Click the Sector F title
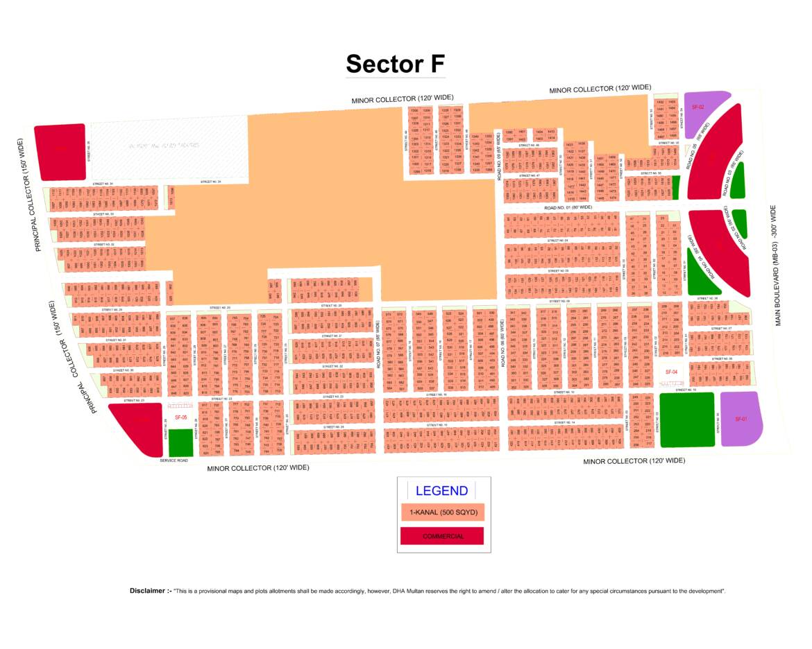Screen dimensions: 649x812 (395, 64)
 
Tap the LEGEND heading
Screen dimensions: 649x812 (441, 491)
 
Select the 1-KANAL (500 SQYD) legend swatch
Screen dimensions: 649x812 (442, 512)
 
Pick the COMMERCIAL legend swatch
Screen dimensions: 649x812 (442, 536)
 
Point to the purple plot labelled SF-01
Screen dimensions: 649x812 (741, 419)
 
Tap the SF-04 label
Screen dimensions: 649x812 (670, 372)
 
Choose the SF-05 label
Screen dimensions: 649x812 (180, 417)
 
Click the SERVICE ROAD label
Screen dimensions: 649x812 (174, 460)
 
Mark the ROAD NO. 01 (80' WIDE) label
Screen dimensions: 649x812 (568, 207)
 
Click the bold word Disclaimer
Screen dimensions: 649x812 (150, 591)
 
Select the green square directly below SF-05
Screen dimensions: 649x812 (181, 442)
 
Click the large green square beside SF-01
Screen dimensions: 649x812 (686, 419)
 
